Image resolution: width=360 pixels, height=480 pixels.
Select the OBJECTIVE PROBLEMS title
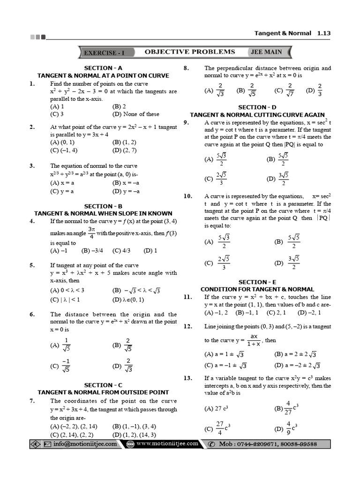[189, 52]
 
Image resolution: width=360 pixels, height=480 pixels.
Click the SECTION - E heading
[257, 282]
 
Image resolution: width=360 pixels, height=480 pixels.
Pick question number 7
[32, 401]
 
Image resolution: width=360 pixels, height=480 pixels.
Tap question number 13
[187, 378]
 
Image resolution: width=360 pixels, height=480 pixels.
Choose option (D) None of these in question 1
[136, 114]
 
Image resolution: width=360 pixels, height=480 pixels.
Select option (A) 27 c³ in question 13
[216, 408]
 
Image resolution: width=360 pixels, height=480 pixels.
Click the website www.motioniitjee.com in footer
[167, 444]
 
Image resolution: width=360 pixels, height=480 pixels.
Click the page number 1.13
[324, 33]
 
